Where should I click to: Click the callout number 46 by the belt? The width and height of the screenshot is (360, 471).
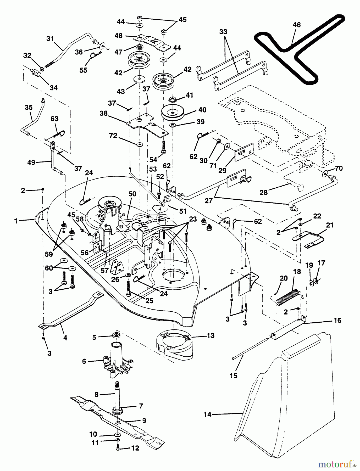click(x=297, y=25)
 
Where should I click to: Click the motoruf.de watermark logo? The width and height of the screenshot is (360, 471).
click(x=337, y=464)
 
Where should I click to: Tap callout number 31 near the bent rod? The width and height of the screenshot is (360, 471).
click(x=50, y=39)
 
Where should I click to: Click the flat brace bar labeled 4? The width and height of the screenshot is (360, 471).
click(x=71, y=311)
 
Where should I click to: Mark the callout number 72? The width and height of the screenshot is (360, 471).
click(x=114, y=136)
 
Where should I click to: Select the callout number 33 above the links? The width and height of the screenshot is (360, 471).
click(x=223, y=32)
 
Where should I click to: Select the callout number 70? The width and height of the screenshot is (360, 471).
click(x=339, y=168)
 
